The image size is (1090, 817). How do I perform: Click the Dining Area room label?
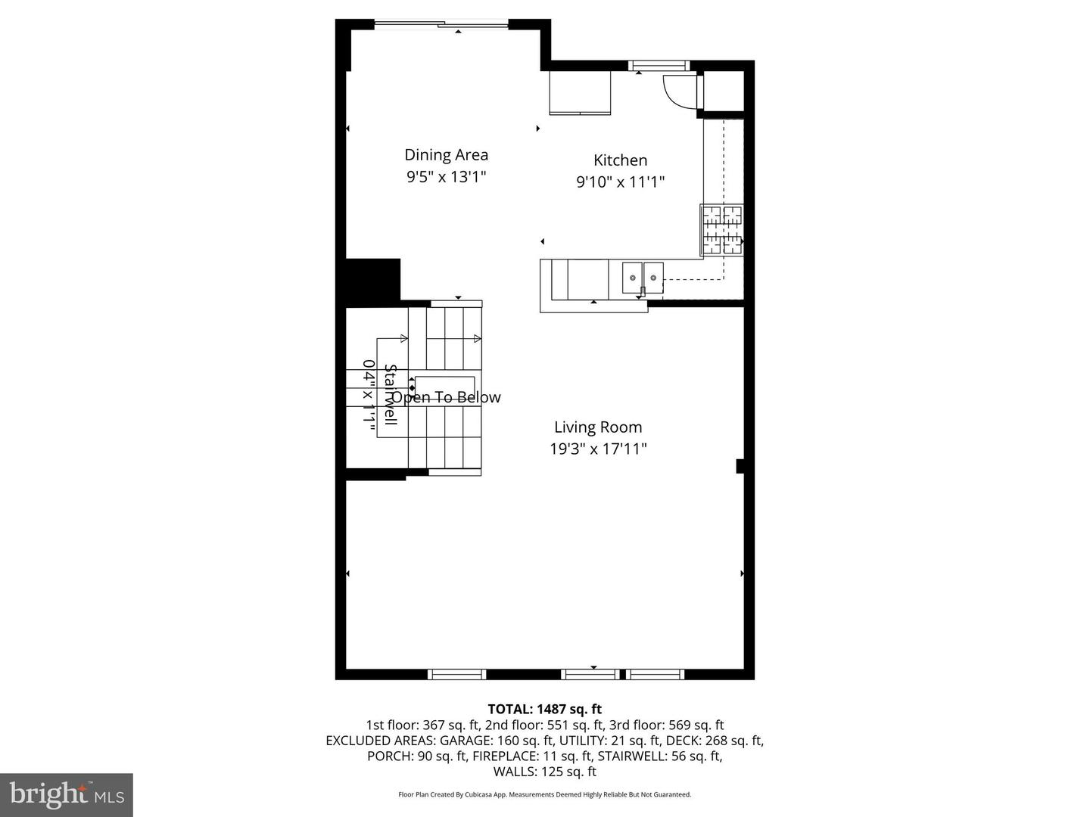[x=446, y=155]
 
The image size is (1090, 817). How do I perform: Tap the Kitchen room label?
[x=620, y=160]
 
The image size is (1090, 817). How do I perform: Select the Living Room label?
[x=598, y=427]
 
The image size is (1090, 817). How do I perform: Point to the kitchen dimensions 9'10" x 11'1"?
[x=620, y=182]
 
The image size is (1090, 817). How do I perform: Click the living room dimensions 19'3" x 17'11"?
[x=598, y=449]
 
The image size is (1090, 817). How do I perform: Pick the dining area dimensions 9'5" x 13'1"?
[x=446, y=177]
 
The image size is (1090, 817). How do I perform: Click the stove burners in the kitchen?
[x=722, y=229]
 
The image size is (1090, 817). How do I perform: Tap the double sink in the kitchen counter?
[x=643, y=278]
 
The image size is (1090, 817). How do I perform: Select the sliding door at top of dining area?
[x=441, y=26]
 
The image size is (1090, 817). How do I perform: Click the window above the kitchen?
[x=660, y=66]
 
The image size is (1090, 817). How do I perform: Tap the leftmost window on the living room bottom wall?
[x=456, y=674]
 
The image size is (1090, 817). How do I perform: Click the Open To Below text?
[x=447, y=398]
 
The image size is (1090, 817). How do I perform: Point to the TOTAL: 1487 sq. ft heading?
[x=544, y=710]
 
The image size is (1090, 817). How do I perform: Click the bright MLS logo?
[x=67, y=794]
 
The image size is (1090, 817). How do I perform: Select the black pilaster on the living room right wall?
[x=740, y=466]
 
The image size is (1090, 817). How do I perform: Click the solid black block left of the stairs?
[x=372, y=281]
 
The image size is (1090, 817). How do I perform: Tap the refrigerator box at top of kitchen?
[x=580, y=93]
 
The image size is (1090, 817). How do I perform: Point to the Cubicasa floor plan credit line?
[x=544, y=795]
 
